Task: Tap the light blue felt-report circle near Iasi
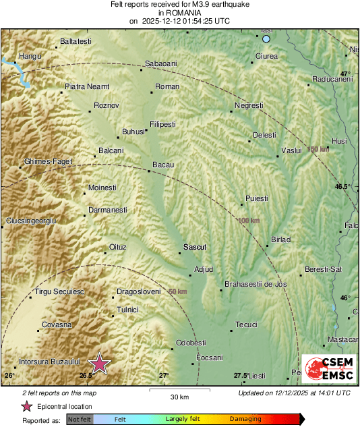[266, 39]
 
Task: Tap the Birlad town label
[280, 239]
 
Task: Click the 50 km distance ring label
[177, 291]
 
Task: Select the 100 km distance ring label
[249, 221]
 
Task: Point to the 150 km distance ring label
[318, 149]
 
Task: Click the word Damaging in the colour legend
[245, 419]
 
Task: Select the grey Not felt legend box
[80, 419]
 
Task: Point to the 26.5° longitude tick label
[86, 375]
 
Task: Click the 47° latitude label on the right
[345, 74]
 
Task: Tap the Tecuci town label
[246, 325]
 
